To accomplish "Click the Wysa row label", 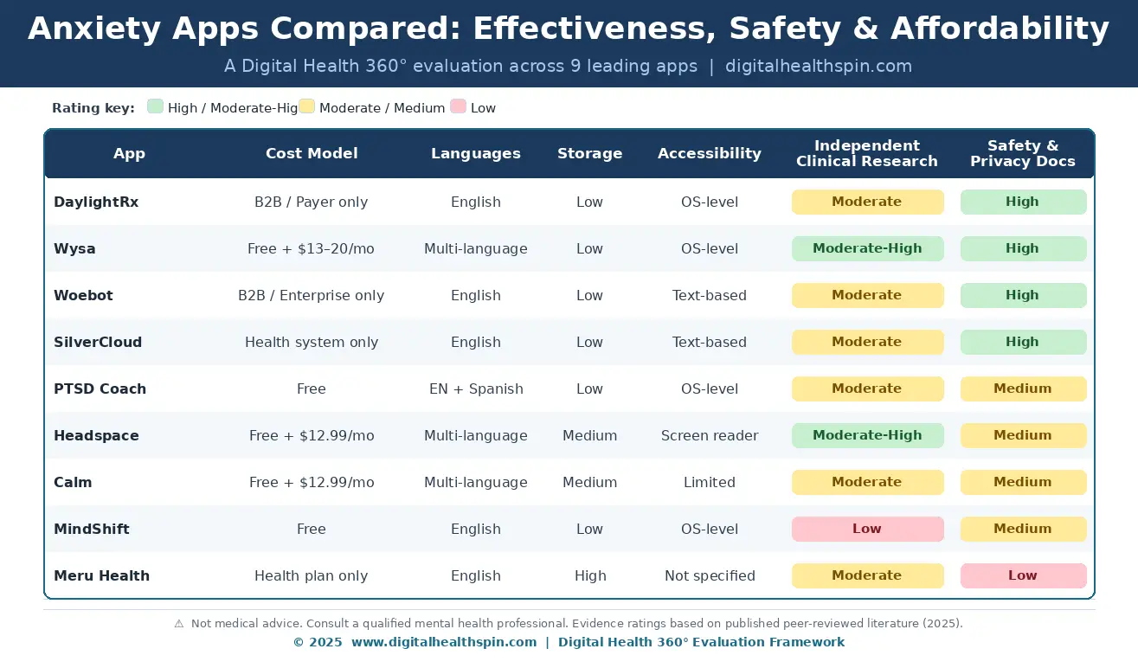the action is pyautogui.click(x=74, y=248).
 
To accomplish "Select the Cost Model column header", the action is pyautogui.click(x=312, y=153).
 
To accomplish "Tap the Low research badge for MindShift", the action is pyautogui.click(x=867, y=529).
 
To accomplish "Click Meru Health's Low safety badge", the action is pyautogui.click(x=1023, y=575).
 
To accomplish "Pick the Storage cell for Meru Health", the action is pyautogui.click(x=590, y=576).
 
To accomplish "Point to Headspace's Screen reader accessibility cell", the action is pyautogui.click(x=710, y=436).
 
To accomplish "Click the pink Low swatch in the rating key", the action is pyautogui.click(x=458, y=106).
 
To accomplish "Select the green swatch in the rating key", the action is pyautogui.click(x=155, y=106).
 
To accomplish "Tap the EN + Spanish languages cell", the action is pyautogui.click(x=476, y=389).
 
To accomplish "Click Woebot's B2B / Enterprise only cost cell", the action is pyautogui.click(x=311, y=296).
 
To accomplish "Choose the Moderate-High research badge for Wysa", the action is pyautogui.click(x=867, y=248).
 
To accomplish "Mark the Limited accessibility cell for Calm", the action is pyautogui.click(x=710, y=483).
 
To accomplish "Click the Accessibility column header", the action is pyautogui.click(x=710, y=153).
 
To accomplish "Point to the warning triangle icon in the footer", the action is pyautogui.click(x=179, y=624).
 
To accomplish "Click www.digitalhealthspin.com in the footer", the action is pyautogui.click(x=443, y=642).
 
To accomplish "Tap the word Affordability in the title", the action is pyautogui.click(x=1000, y=29).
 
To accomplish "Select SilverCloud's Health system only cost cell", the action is pyautogui.click(x=312, y=343).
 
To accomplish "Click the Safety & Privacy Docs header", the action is pyautogui.click(x=1023, y=153).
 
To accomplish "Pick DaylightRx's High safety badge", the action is pyautogui.click(x=1023, y=202).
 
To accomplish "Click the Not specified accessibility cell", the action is pyautogui.click(x=710, y=576).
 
